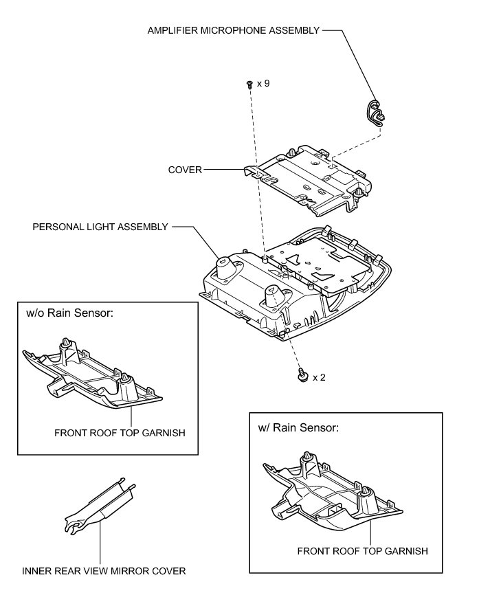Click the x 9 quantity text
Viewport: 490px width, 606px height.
point(263,83)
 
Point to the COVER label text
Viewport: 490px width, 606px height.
point(186,170)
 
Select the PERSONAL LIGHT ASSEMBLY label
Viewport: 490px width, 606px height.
point(100,227)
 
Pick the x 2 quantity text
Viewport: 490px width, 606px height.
point(320,377)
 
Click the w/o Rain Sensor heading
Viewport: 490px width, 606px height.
point(69,313)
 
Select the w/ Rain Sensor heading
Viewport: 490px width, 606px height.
point(298,427)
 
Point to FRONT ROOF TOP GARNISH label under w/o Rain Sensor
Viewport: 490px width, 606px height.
point(120,433)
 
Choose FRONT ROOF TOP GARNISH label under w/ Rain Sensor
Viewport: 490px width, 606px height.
point(363,550)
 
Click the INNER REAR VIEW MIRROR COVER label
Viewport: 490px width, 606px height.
point(104,571)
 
